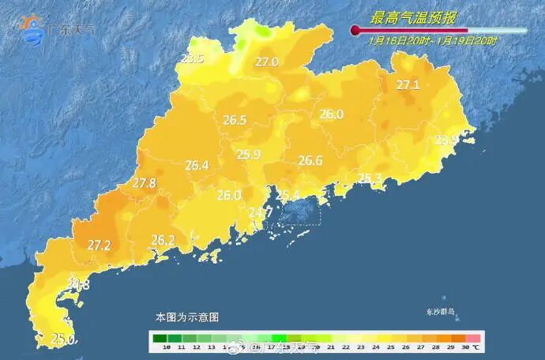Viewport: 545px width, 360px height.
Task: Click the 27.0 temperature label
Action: pyautogui.click(x=266, y=62)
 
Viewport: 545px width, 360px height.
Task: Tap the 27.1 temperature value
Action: pyautogui.click(x=408, y=85)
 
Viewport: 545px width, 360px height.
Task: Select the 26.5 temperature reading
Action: pyautogui.click(x=235, y=121)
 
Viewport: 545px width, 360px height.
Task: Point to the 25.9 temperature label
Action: pyautogui.click(x=249, y=155)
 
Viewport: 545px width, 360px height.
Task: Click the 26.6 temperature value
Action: pyautogui.click(x=310, y=161)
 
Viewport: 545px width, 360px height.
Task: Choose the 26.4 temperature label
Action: pyautogui.click(x=197, y=166)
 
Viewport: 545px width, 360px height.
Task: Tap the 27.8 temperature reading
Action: pyautogui.click(x=144, y=183)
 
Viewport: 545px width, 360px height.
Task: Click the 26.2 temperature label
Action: pyautogui.click(x=163, y=240)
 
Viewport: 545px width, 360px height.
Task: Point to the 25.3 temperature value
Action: pyautogui.click(x=370, y=178)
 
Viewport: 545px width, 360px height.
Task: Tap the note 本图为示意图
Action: pyautogui.click(x=187, y=317)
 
